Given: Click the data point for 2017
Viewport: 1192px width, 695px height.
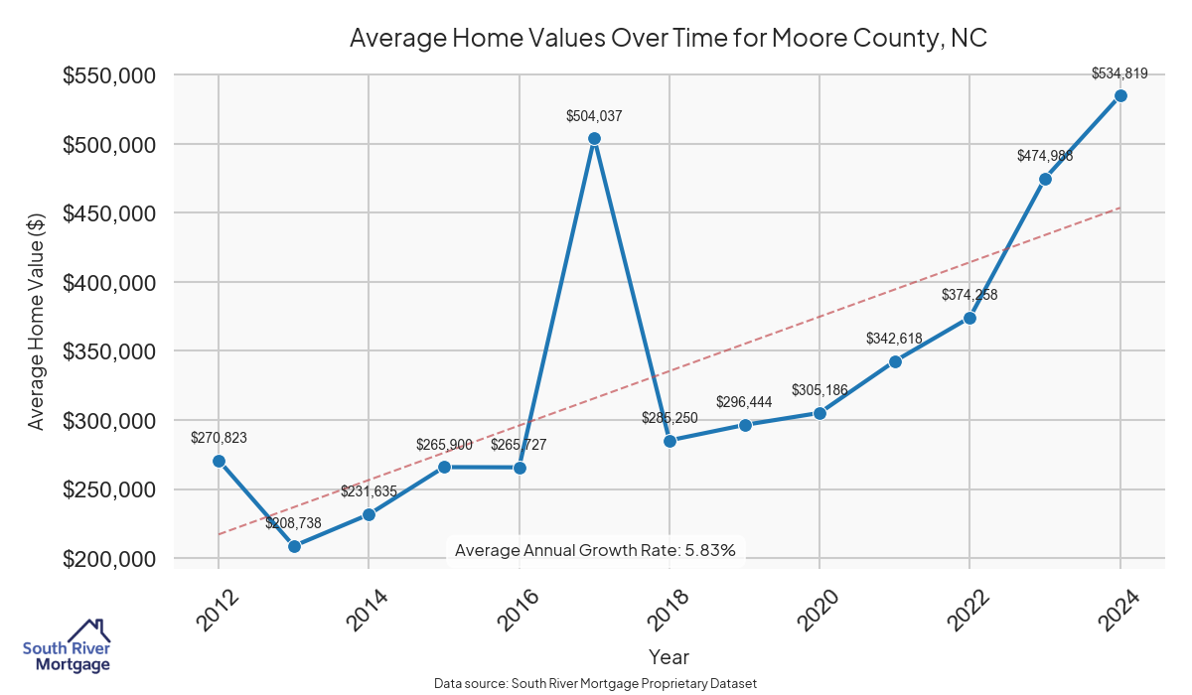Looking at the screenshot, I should pyautogui.click(x=594, y=139).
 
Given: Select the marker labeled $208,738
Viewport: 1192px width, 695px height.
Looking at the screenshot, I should pyautogui.click(x=294, y=546).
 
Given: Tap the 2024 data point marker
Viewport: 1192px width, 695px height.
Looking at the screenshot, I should pyautogui.click(x=1120, y=95).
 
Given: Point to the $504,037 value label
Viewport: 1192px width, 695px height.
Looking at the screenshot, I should pyautogui.click(x=594, y=116).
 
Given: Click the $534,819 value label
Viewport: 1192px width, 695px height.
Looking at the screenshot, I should pyautogui.click(x=1120, y=72).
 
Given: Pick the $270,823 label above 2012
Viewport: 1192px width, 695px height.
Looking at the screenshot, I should pyautogui.click(x=219, y=437).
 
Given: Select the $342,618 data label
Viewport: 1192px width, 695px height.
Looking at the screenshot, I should pyautogui.click(x=894, y=339).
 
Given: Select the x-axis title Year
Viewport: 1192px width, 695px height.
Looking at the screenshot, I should pyautogui.click(x=669, y=656).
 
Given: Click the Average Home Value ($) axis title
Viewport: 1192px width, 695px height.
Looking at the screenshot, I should pyautogui.click(x=36, y=322).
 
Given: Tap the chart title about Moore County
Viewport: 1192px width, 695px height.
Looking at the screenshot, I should pyautogui.click(x=668, y=39).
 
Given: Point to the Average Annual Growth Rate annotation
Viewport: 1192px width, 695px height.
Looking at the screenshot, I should pyautogui.click(x=594, y=550).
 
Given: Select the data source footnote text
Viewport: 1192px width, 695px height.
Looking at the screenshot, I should pyautogui.click(x=596, y=683).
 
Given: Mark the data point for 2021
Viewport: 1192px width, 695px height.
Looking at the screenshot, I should pyautogui.click(x=895, y=361).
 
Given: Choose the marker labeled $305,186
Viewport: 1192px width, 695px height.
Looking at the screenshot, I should pyautogui.click(x=819, y=413).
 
